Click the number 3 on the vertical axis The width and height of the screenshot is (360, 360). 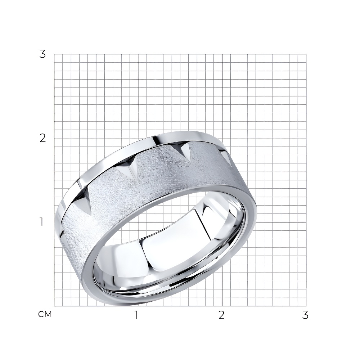(43, 54)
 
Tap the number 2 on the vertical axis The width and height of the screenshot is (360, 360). (43, 138)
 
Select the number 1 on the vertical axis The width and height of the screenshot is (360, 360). (41, 222)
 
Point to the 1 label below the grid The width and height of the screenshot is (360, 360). (136, 315)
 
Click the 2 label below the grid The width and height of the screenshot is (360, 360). (221, 315)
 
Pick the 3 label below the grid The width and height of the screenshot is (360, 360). (305, 315)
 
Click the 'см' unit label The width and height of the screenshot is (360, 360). (45, 314)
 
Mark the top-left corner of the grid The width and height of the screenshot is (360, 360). (54, 54)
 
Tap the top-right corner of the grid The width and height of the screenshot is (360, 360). (306, 54)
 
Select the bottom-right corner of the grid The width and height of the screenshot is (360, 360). (306, 306)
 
